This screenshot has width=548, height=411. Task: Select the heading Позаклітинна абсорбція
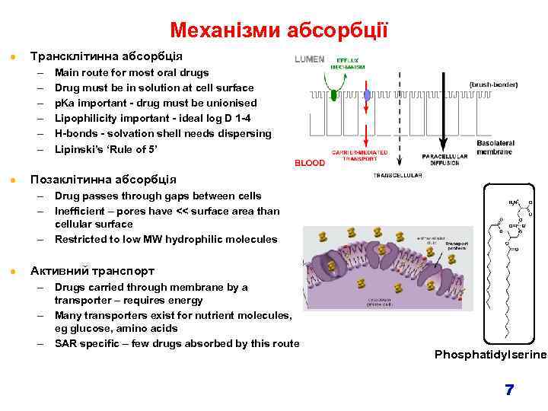point(102,180)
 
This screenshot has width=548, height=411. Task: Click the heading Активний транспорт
point(91,271)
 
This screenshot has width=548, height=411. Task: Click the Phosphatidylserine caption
point(490,355)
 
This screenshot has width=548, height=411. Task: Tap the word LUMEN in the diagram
point(310,59)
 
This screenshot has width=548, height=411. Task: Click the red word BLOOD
point(310,163)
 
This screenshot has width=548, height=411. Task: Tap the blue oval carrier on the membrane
point(367,95)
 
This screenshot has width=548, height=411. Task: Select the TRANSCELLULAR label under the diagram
point(393,175)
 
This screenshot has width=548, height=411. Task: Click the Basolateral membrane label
point(495,147)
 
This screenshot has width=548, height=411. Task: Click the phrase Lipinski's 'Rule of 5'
point(107,149)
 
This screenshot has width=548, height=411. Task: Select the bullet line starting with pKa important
point(155,103)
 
